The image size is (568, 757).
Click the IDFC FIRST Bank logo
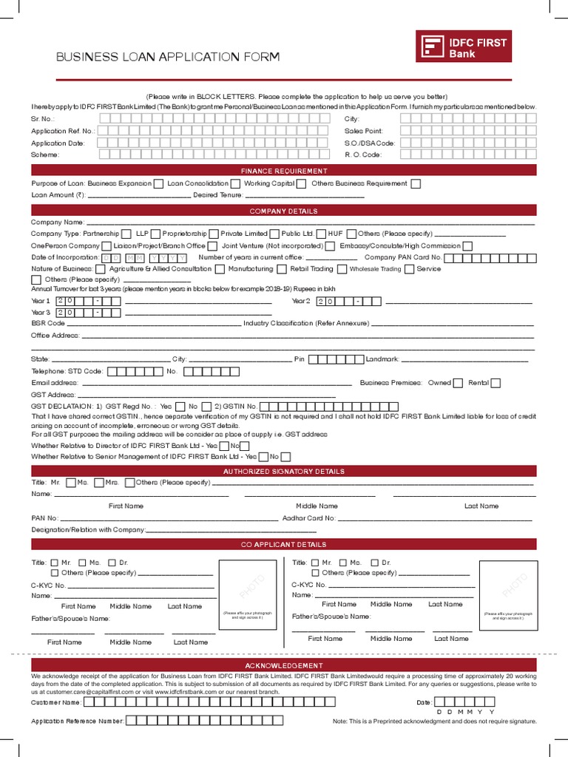pyautogui.click(x=464, y=49)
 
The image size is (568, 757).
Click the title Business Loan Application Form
pyautogui.click(x=168, y=57)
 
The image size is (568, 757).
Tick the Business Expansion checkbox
pyautogui.click(x=158, y=184)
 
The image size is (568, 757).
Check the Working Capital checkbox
pyautogui.click(x=301, y=184)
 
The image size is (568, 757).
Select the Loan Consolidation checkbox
pyautogui.click(x=234, y=184)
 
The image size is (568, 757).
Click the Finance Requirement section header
pyautogui.click(x=283, y=171)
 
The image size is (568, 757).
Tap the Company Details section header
pyautogui.click(x=283, y=211)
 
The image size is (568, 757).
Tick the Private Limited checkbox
pyautogui.click(x=274, y=234)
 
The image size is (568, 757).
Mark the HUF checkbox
pyautogui.click(x=351, y=234)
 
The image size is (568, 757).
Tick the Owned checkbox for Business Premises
pyautogui.click(x=459, y=383)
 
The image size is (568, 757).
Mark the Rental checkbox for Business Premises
pyautogui.click(x=496, y=383)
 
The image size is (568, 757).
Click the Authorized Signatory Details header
pyautogui.click(x=283, y=471)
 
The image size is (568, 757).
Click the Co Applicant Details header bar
pyautogui.click(x=283, y=545)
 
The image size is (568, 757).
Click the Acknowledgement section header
pyautogui.click(x=283, y=665)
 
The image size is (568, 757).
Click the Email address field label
pyautogui.click(x=54, y=383)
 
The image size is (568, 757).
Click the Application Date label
pyautogui.click(x=58, y=143)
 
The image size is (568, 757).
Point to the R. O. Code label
pyautogui.click(x=362, y=155)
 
